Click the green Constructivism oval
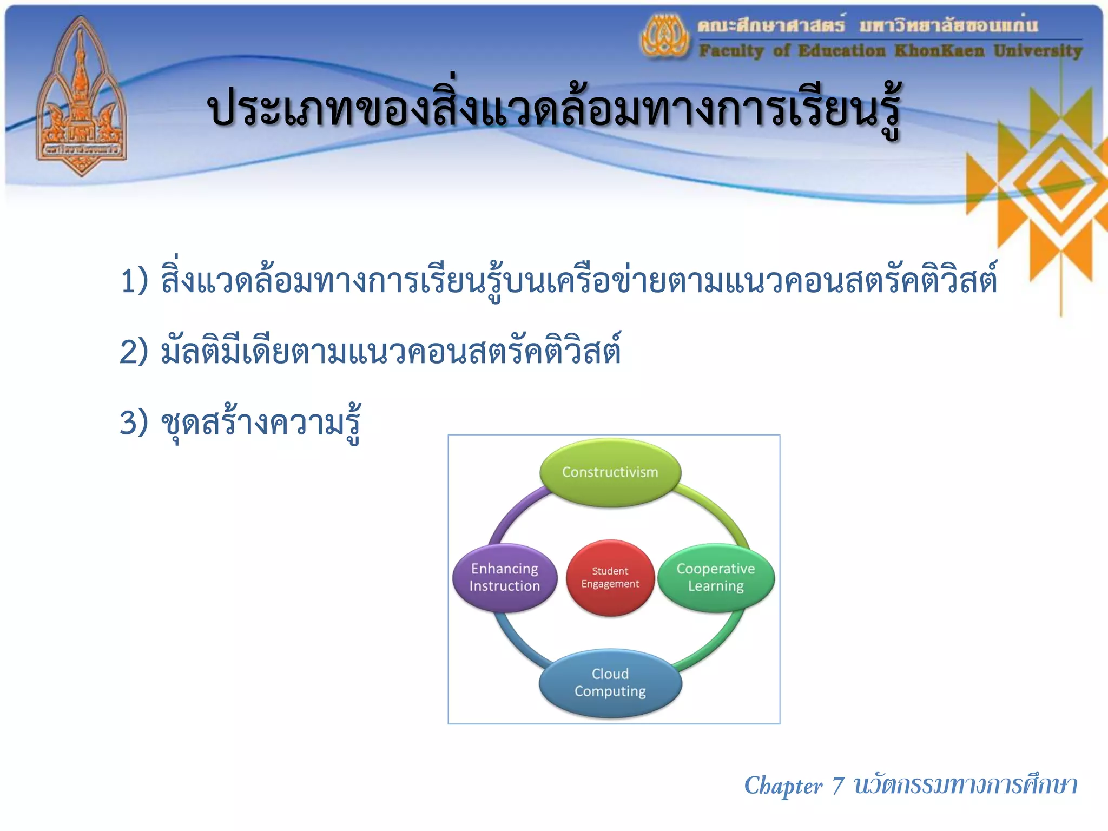point(610,472)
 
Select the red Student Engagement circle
point(610,577)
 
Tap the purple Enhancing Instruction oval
point(504,577)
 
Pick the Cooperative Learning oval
point(715,577)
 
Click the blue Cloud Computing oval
point(610,683)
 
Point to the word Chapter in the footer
point(782,786)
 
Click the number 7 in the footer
point(838,786)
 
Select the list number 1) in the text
point(134,281)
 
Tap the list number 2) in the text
point(134,352)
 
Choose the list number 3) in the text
point(134,423)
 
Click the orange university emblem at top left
point(81,97)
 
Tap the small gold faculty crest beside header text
point(665,37)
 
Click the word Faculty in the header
point(731,51)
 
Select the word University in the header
point(1038,51)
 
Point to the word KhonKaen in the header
point(939,51)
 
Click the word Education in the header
point(842,51)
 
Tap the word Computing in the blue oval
point(610,691)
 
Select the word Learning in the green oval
point(715,586)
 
